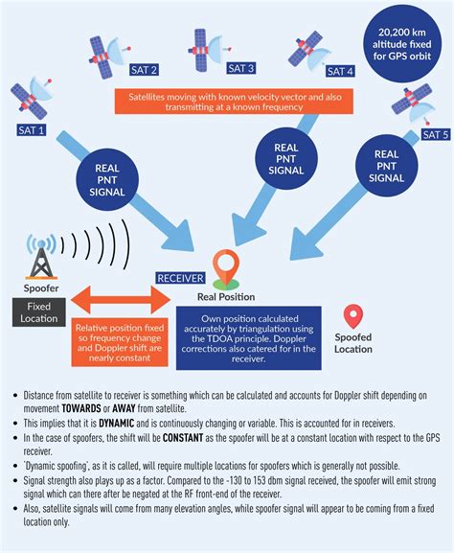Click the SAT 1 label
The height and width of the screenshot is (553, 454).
(31, 130)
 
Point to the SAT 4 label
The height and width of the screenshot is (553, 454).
(340, 71)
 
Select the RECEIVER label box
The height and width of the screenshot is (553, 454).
(180, 278)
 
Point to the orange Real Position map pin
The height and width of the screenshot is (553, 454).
(226, 267)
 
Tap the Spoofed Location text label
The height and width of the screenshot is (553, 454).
(353, 344)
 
